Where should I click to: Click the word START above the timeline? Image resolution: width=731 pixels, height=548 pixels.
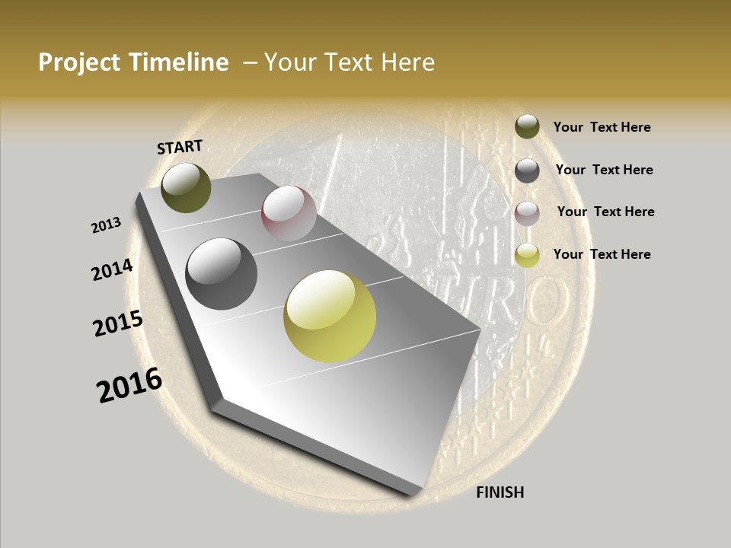tap(180, 147)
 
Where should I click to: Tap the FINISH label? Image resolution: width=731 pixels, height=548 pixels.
tap(500, 492)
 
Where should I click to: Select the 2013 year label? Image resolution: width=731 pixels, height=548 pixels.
tap(107, 225)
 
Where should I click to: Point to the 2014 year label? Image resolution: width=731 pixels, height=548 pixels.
tap(113, 270)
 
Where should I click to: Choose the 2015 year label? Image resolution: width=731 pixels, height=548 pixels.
tap(118, 323)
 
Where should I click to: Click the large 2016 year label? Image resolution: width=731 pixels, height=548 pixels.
tap(129, 385)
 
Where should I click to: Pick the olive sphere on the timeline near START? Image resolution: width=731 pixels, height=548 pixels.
tap(186, 187)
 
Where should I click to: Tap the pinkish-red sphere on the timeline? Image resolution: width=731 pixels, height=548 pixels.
tap(289, 213)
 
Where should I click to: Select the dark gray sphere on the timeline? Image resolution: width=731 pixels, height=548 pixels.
tap(222, 274)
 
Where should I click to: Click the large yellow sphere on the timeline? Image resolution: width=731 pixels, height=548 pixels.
tap(330, 316)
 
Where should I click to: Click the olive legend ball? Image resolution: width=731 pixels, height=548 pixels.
tap(527, 126)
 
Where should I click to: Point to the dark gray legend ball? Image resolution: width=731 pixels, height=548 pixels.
tap(527, 170)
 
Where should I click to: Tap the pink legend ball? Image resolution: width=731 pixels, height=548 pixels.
tap(527, 213)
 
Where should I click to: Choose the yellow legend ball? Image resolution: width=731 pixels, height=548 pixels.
tap(527, 255)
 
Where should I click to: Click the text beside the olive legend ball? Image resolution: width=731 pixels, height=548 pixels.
tap(602, 127)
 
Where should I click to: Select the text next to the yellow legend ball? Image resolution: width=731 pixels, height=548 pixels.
tap(602, 254)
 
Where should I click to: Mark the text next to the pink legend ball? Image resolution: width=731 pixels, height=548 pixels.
tap(605, 212)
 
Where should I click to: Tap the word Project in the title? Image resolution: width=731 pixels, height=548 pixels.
tap(80, 62)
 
